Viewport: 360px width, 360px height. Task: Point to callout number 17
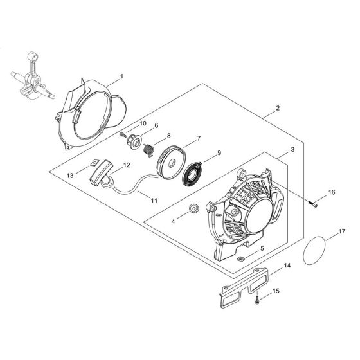tap(341, 230)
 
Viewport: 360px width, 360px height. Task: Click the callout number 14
tap(286, 264)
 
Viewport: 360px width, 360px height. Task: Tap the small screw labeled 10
tap(122, 134)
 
